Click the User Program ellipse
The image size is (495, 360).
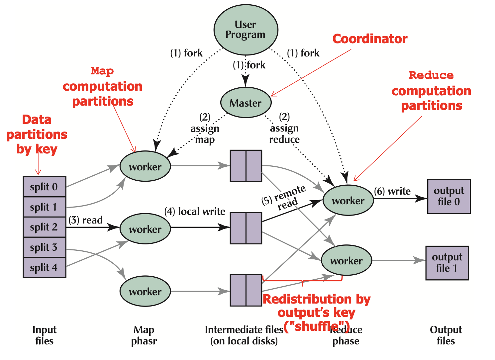coord(246,30)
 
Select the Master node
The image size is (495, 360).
coord(246,103)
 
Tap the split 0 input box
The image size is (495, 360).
coord(45,187)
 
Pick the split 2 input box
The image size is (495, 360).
coord(45,227)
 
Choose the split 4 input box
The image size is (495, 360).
coord(45,267)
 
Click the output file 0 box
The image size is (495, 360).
coord(449,196)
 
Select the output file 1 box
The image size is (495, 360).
coord(447,263)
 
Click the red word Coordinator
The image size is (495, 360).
coord(370,39)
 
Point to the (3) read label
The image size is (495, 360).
coord(85,220)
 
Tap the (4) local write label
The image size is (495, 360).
coord(195,211)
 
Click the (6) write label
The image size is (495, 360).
coord(392,191)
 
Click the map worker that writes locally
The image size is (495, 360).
coord(145,228)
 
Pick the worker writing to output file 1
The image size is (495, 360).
coord(346,260)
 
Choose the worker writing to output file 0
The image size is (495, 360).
coord(348,200)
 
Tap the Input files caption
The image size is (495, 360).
coord(45,335)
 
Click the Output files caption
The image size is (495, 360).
coord(446,335)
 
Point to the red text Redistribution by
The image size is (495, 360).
coord(317,299)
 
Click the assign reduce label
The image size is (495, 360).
coord(284,134)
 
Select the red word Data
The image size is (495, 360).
coord(37,120)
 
